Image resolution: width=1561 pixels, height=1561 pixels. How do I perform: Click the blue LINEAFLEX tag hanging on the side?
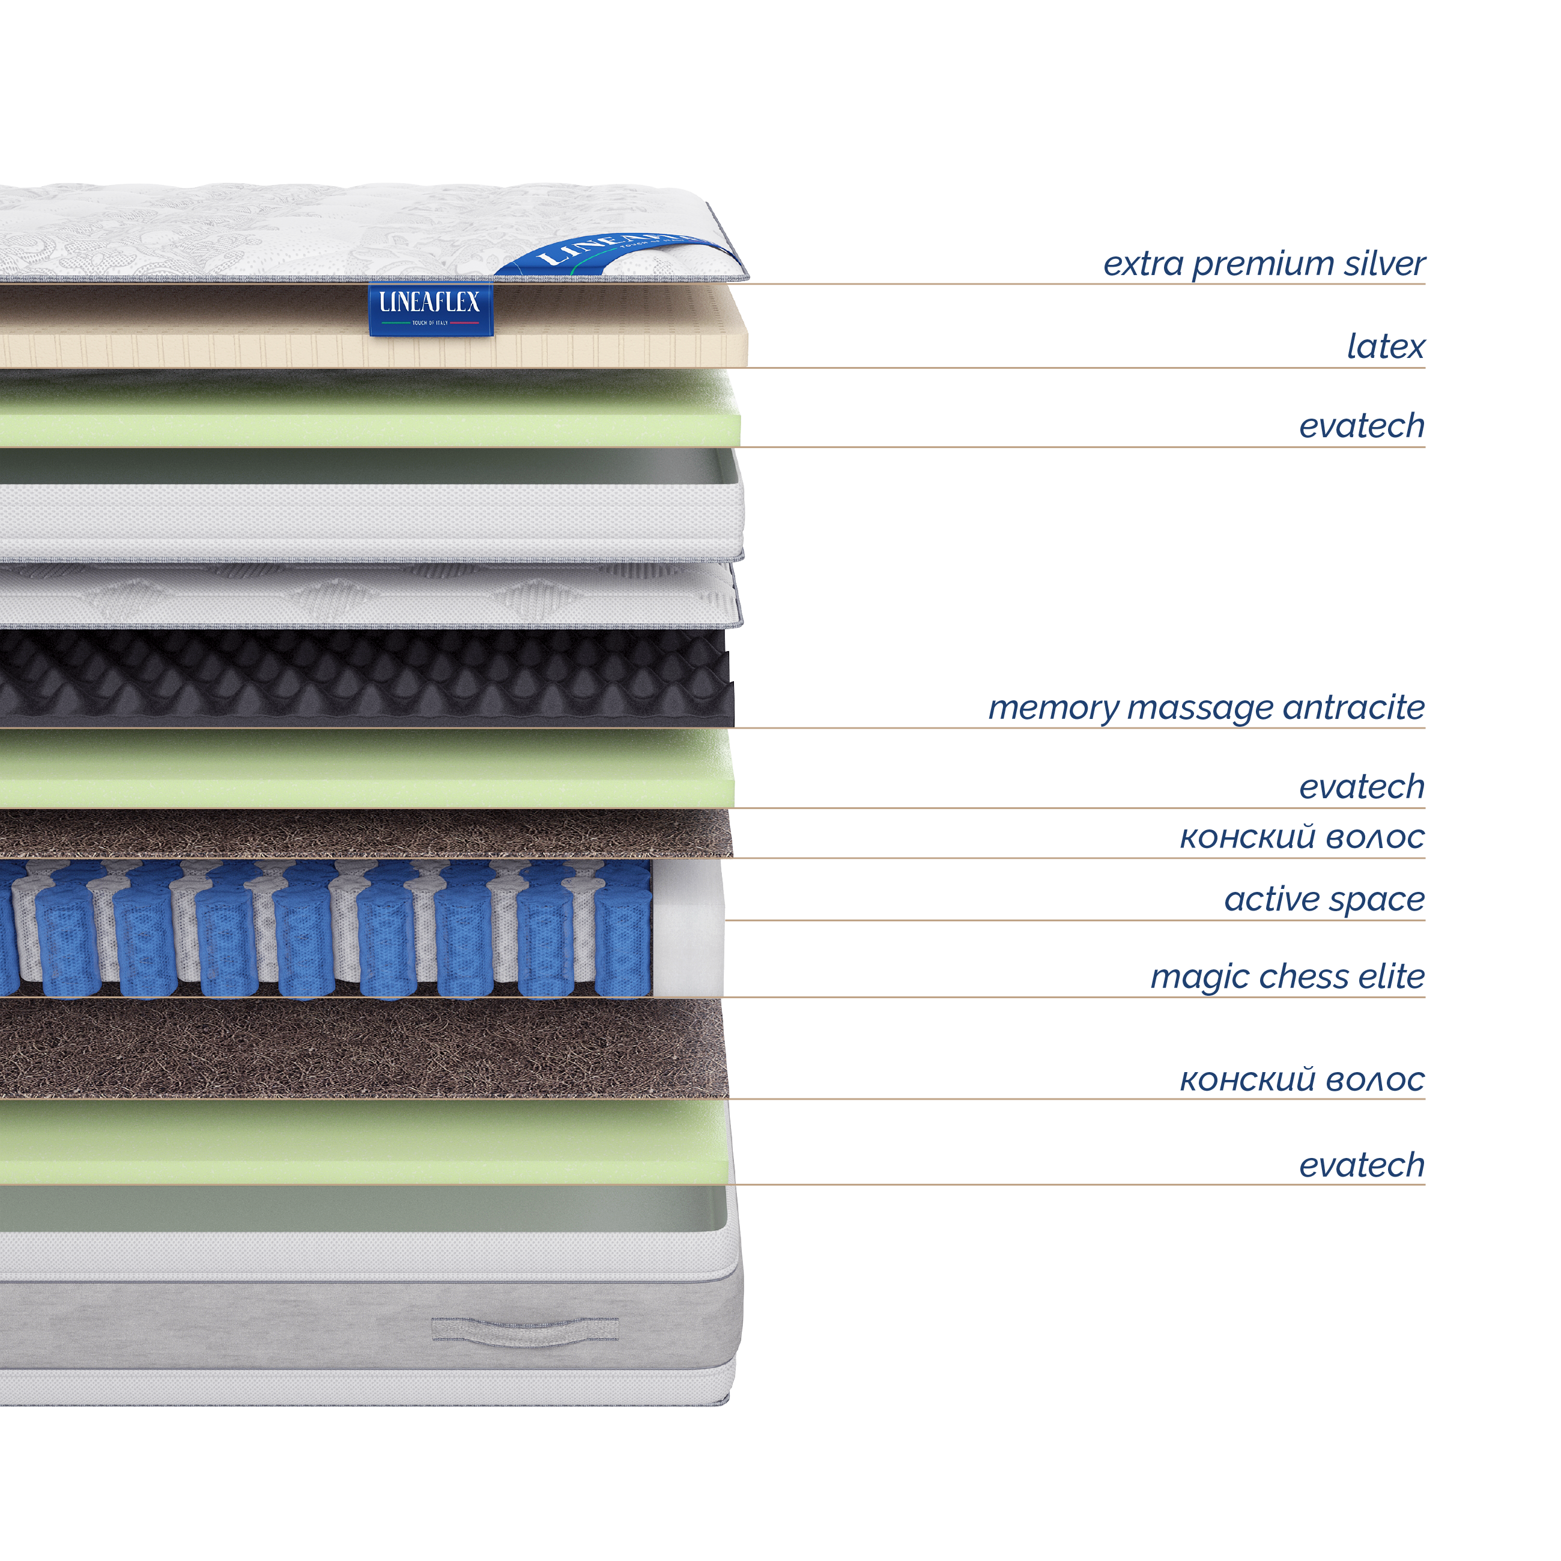[x=431, y=309]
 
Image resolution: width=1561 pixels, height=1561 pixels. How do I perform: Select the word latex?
[x=1385, y=347]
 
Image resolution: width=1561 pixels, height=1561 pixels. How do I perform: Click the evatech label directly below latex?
[x=1362, y=426]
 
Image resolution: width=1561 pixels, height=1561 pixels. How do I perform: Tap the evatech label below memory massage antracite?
[x=1362, y=787]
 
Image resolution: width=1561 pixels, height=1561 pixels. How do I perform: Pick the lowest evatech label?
[x=1362, y=1166]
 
